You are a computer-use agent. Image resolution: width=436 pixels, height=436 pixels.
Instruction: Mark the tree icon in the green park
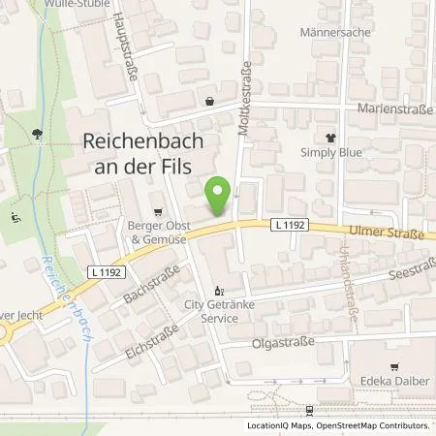36,136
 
